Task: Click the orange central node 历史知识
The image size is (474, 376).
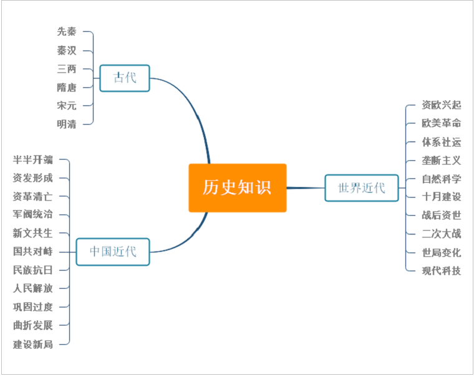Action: tap(237, 188)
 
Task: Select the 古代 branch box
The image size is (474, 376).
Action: tap(125, 78)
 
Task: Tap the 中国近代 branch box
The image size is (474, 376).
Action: tap(112, 252)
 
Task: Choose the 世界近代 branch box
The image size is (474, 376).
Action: tap(362, 188)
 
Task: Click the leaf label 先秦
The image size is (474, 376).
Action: tap(67, 32)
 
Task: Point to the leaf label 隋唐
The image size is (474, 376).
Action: tap(67, 87)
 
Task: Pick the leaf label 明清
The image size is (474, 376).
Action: tap(67, 123)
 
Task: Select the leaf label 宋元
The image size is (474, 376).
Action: tap(67, 105)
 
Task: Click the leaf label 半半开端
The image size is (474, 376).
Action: tap(33, 160)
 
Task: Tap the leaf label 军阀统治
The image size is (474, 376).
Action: tap(33, 215)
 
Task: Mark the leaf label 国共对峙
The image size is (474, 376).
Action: tap(33, 251)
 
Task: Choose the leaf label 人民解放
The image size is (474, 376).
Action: tap(33, 288)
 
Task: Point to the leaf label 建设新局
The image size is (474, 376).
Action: tap(33, 344)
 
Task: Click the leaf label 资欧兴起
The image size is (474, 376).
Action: tap(442, 105)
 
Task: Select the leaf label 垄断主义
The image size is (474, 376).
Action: tap(442, 160)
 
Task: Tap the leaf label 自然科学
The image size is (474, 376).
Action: tap(442, 179)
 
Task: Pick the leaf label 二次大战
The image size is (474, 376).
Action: tap(442, 234)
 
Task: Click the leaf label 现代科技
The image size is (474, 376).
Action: tap(442, 271)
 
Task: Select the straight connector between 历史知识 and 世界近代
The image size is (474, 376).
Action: tap(306, 188)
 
